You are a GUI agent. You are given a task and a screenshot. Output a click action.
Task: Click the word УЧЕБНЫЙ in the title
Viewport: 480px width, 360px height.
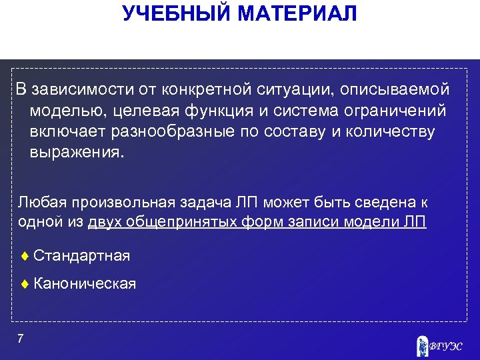[169, 13]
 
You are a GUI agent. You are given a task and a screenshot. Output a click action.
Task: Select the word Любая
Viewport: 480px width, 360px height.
[42, 201]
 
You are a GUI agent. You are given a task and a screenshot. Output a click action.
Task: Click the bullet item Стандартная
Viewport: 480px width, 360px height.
[81, 255]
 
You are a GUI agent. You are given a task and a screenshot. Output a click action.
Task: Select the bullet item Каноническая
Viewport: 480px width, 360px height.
[84, 284]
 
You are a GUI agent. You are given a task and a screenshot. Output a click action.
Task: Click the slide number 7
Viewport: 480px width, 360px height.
[21, 339]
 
